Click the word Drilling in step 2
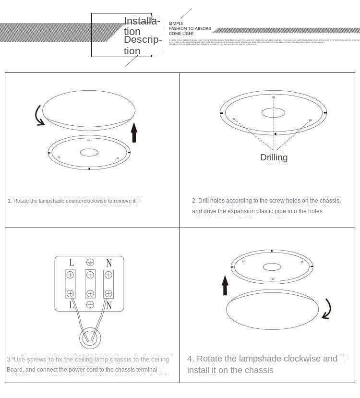[x=274, y=157]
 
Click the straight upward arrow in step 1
[x=134, y=133]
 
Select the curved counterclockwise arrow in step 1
[x=38, y=116]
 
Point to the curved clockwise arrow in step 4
[x=327, y=309]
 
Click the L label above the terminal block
[x=72, y=263]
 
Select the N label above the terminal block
[x=109, y=263]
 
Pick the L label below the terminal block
[x=72, y=305]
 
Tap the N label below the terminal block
[x=109, y=305]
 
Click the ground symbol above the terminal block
[x=90, y=263]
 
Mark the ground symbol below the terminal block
[x=90, y=305]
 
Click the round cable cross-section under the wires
[x=90, y=338]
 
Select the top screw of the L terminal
[x=71, y=275]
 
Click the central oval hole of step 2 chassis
[x=273, y=113]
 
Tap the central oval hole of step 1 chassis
[x=89, y=153]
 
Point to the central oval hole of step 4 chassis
[x=272, y=266]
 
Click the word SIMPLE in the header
[x=176, y=24]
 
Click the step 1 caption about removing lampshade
[x=72, y=201]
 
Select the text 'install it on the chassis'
[x=230, y=370]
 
